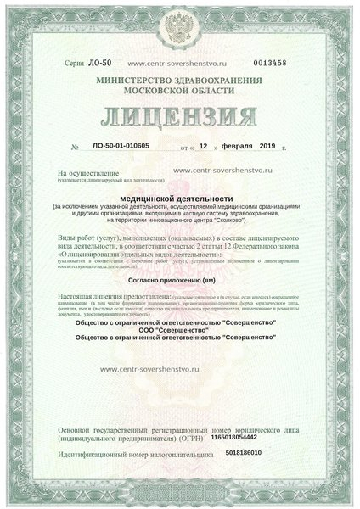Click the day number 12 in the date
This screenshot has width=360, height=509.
203,145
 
